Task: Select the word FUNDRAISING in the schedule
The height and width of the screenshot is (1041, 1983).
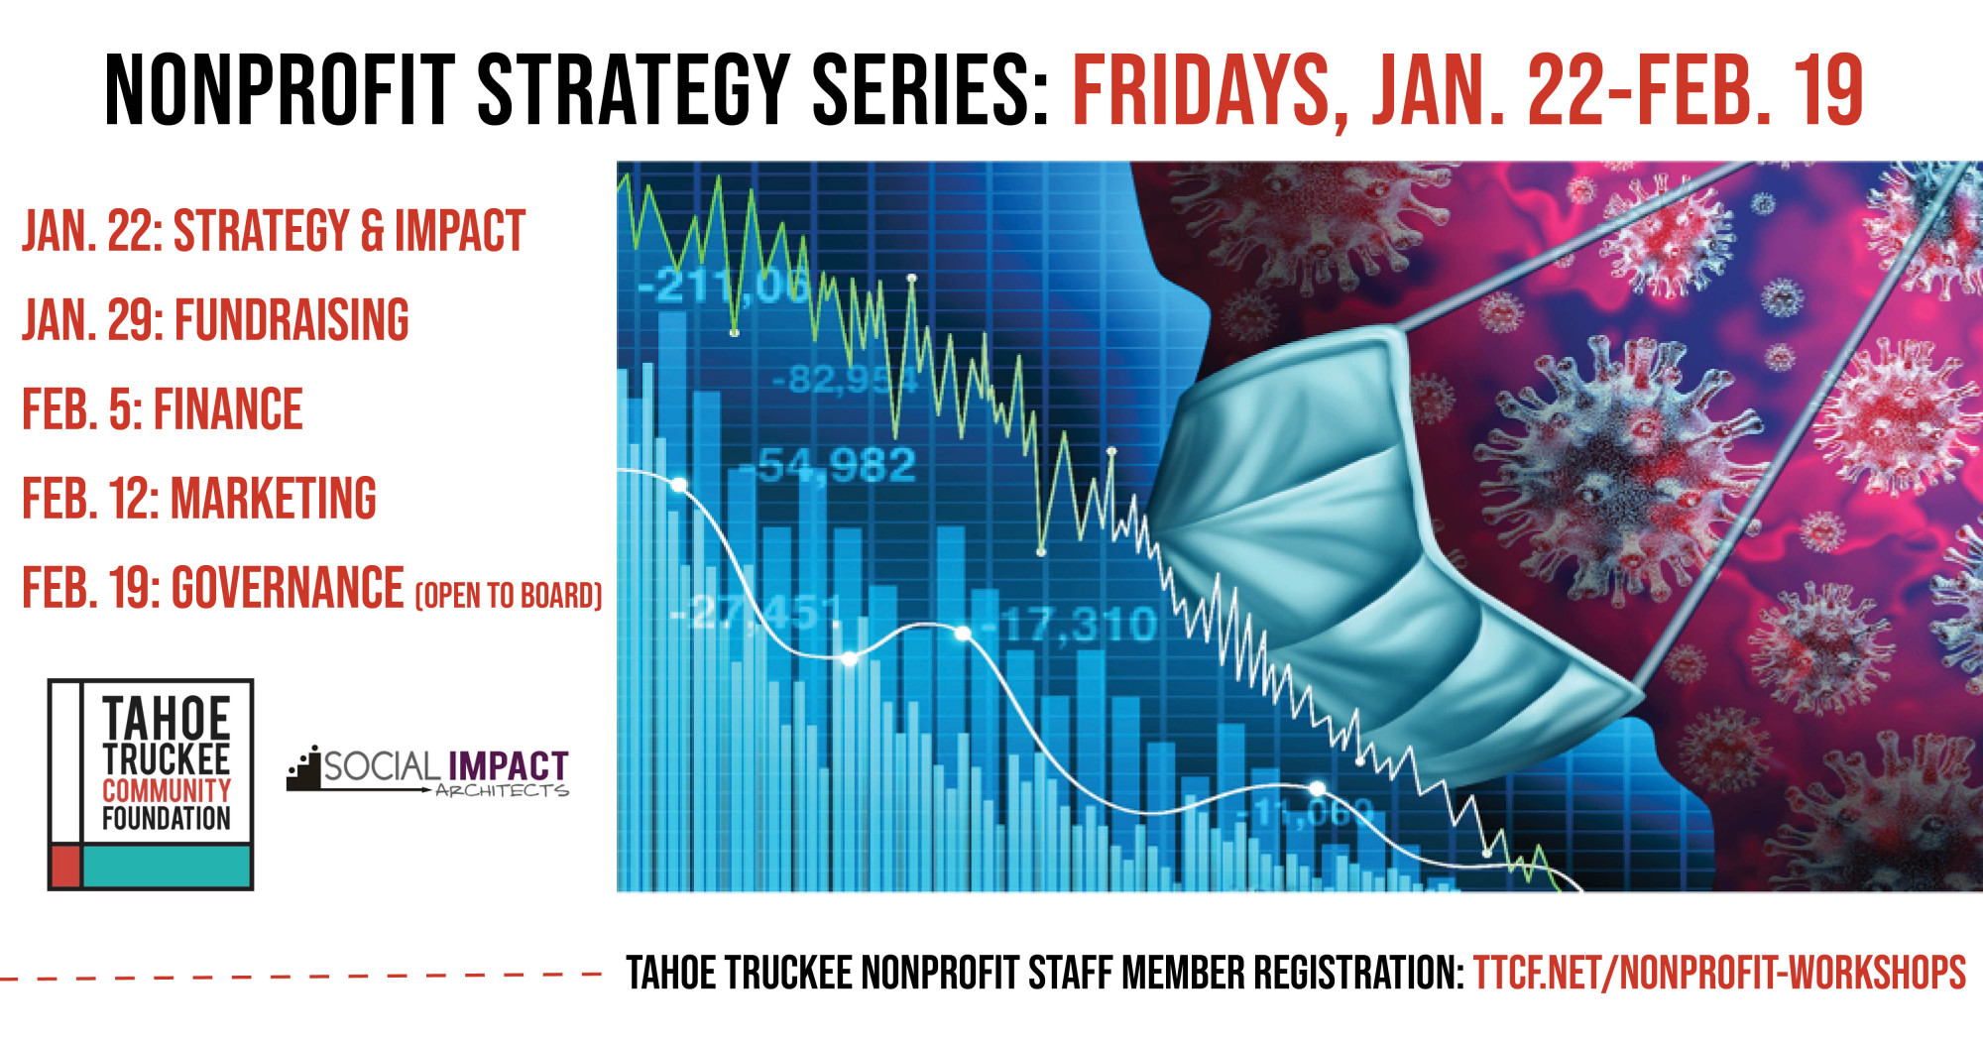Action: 292,320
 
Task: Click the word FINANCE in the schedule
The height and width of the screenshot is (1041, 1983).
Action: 228,409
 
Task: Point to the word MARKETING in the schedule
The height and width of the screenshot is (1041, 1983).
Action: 274,498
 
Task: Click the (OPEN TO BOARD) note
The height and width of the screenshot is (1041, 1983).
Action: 509,595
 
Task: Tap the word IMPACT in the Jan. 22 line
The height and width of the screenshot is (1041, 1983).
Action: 460,231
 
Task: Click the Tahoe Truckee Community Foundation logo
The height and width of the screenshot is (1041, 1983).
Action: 151,784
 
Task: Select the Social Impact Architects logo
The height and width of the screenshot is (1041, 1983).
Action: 427,770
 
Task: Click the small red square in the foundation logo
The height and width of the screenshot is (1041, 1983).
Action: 65,867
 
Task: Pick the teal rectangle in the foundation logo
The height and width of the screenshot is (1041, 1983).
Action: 167,867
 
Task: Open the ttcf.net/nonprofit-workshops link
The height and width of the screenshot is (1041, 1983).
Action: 1719,973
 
